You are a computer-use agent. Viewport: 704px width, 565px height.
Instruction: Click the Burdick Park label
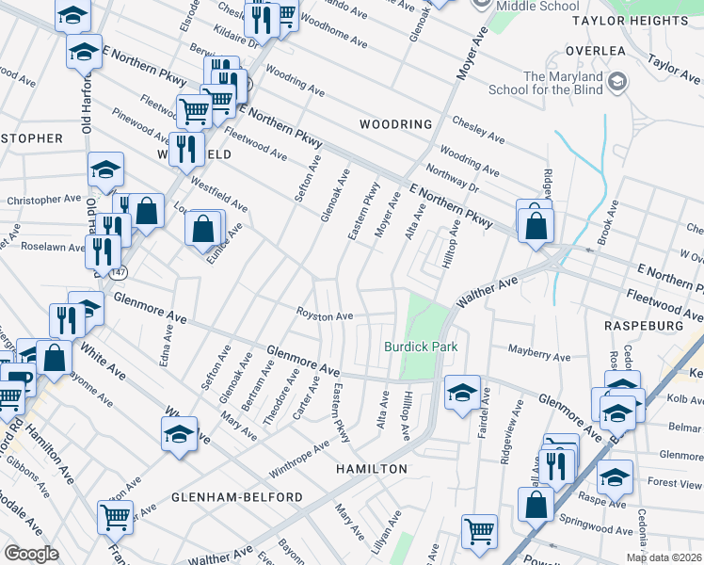coord(421,347)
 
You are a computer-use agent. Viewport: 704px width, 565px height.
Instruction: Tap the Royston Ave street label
coord(325,316)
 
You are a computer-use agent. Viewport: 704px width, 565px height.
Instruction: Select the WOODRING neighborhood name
coord(395,124)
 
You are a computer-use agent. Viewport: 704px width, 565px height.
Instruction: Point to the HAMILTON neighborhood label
coord(374,469)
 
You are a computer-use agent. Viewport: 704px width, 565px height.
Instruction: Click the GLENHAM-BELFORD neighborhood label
coord(237,496)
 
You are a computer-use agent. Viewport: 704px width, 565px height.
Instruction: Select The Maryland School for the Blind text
coord(559,84)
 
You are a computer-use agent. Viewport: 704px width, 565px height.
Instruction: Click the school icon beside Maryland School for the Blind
coord(617,83)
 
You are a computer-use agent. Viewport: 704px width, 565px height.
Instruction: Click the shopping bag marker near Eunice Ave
coord(203,227)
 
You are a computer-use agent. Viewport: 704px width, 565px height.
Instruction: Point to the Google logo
coord(31,554)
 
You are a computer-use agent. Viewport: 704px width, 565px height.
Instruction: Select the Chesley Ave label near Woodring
coord(478,132)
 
